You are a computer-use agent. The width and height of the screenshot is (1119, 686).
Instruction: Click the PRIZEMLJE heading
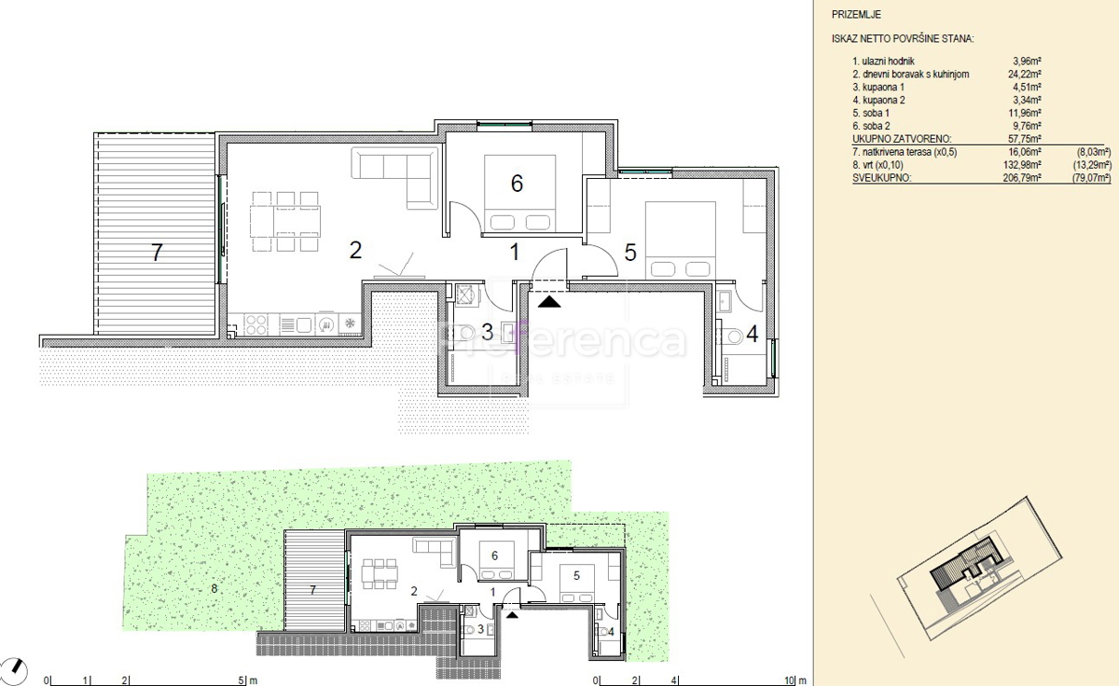click(856, 15)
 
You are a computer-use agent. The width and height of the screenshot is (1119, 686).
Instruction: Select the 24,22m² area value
click(1027, 75)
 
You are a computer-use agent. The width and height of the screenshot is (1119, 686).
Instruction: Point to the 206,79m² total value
click(1022, 178)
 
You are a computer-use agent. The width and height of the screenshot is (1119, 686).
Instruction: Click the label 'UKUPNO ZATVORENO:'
click(902, 139)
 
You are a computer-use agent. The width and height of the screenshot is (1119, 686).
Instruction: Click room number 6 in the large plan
click(517, 184)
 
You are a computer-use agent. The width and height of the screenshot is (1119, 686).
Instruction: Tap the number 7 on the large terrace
click(157, 253)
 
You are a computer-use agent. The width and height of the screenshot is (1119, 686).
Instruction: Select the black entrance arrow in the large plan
click(549, 301)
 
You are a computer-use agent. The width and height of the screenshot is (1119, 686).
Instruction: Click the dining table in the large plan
click(285, 221)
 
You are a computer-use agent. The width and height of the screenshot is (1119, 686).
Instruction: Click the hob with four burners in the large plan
click(256, 324)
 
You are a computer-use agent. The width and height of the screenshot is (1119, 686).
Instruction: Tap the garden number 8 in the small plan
click(214, 589)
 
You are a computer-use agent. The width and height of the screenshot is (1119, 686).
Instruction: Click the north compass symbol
click(14, 671)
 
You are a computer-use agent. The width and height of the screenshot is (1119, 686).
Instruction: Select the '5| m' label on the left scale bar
click(248, 680)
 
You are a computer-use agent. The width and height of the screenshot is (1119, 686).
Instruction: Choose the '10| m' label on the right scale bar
click(795, 680)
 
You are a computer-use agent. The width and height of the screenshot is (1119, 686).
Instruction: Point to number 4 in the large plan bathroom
click(753, 334)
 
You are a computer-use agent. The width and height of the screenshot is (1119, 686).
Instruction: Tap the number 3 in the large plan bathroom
click(487, 332)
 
